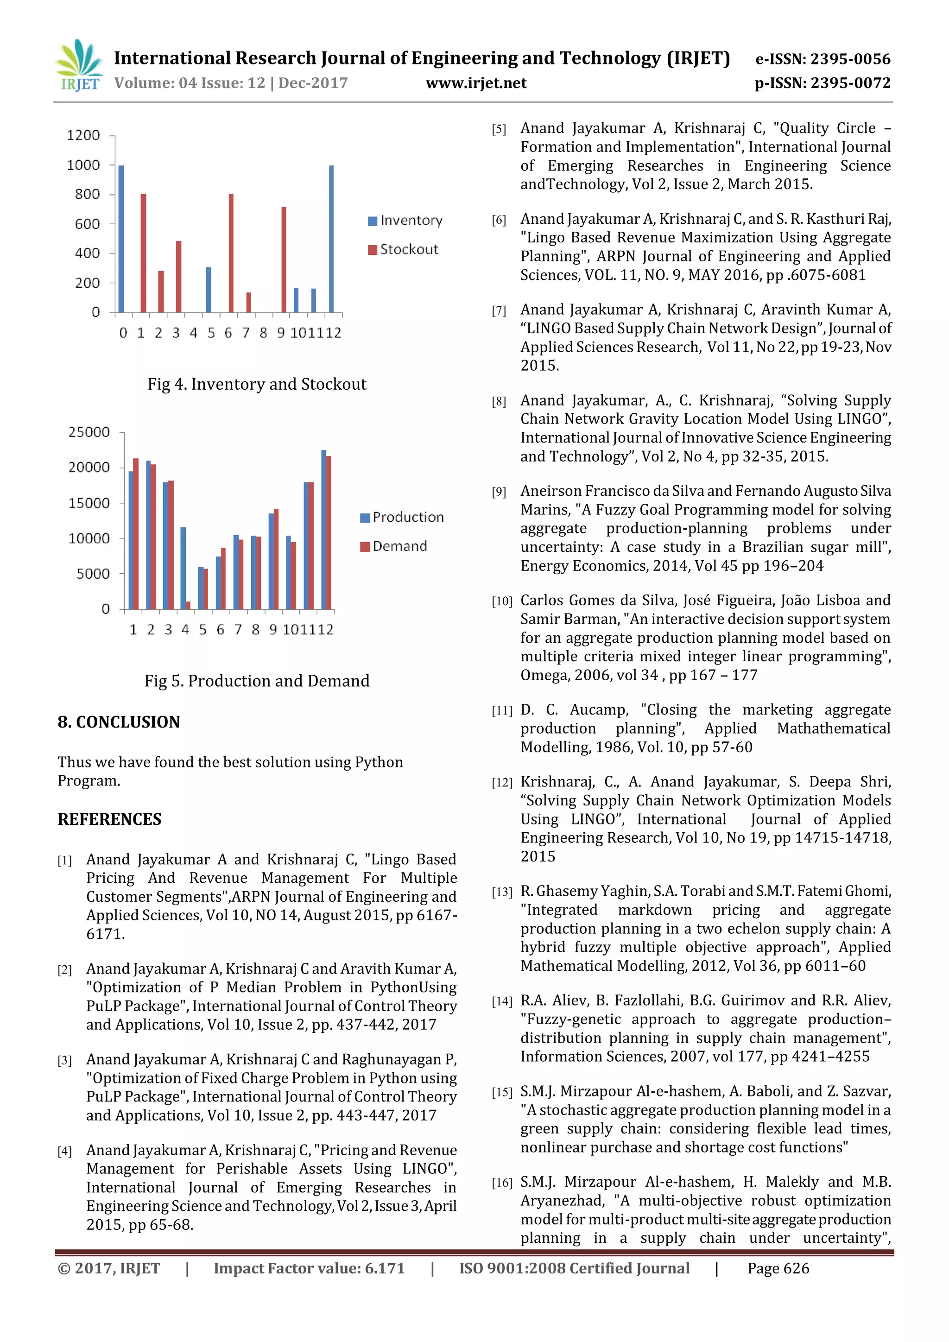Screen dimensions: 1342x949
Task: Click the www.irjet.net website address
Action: coord(476,83)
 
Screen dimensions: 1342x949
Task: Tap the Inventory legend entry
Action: coord(405,221)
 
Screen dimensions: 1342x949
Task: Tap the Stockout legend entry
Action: coord(403,250)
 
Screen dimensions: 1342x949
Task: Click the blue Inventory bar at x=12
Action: coord(331,239)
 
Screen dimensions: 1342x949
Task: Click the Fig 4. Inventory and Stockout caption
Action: coord(257,384)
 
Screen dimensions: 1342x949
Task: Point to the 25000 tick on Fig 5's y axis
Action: coord(89,432)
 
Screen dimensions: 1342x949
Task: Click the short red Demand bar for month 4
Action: coord(188,606)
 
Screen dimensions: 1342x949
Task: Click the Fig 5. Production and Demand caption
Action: coord(257,681)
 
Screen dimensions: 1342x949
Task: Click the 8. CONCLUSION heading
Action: coord(119,722)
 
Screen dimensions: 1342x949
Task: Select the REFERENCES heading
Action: coord(109,819)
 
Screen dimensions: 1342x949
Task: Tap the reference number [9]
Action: coord(499,492)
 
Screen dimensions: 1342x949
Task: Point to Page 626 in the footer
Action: coord(778,1268)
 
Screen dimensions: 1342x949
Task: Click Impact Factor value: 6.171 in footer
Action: coord(309,1268)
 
